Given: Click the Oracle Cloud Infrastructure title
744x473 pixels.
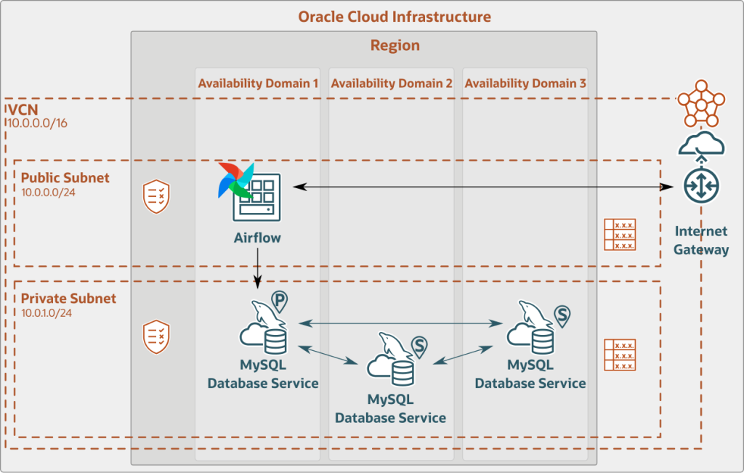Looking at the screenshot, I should pyautogui.click(x=395, y=16).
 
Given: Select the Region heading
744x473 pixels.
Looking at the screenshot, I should pyautogui.click(x=395, y=46).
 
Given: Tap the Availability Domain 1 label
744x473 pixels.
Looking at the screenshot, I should pyautogui.click(x=258, y=84).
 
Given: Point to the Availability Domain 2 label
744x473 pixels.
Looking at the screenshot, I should pyautogui.click(x=392, y=84).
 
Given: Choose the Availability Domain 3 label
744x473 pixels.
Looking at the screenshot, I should pyautogui.click(x=525, y=84).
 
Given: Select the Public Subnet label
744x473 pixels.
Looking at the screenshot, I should pyautogui.click(x=65, y=178).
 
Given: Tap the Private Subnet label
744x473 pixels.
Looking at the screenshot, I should pyautogui.click(x=68, y=299).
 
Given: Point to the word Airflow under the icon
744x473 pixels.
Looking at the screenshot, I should pyautogui.click(x=257, y=238).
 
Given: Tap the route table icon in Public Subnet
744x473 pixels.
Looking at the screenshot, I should pyautogui.click(x=620, y=235).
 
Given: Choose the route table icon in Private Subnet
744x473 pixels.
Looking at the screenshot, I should pyautogui.click(x=620, y=355).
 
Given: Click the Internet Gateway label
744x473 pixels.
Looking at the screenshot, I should pyautogui.click(x=700, y=240).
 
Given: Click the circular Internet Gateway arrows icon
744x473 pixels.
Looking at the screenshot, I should pyautogui.click(x=700, y=186).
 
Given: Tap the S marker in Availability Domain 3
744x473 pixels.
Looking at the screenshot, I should pyautogui.click(x=562, y=314).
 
